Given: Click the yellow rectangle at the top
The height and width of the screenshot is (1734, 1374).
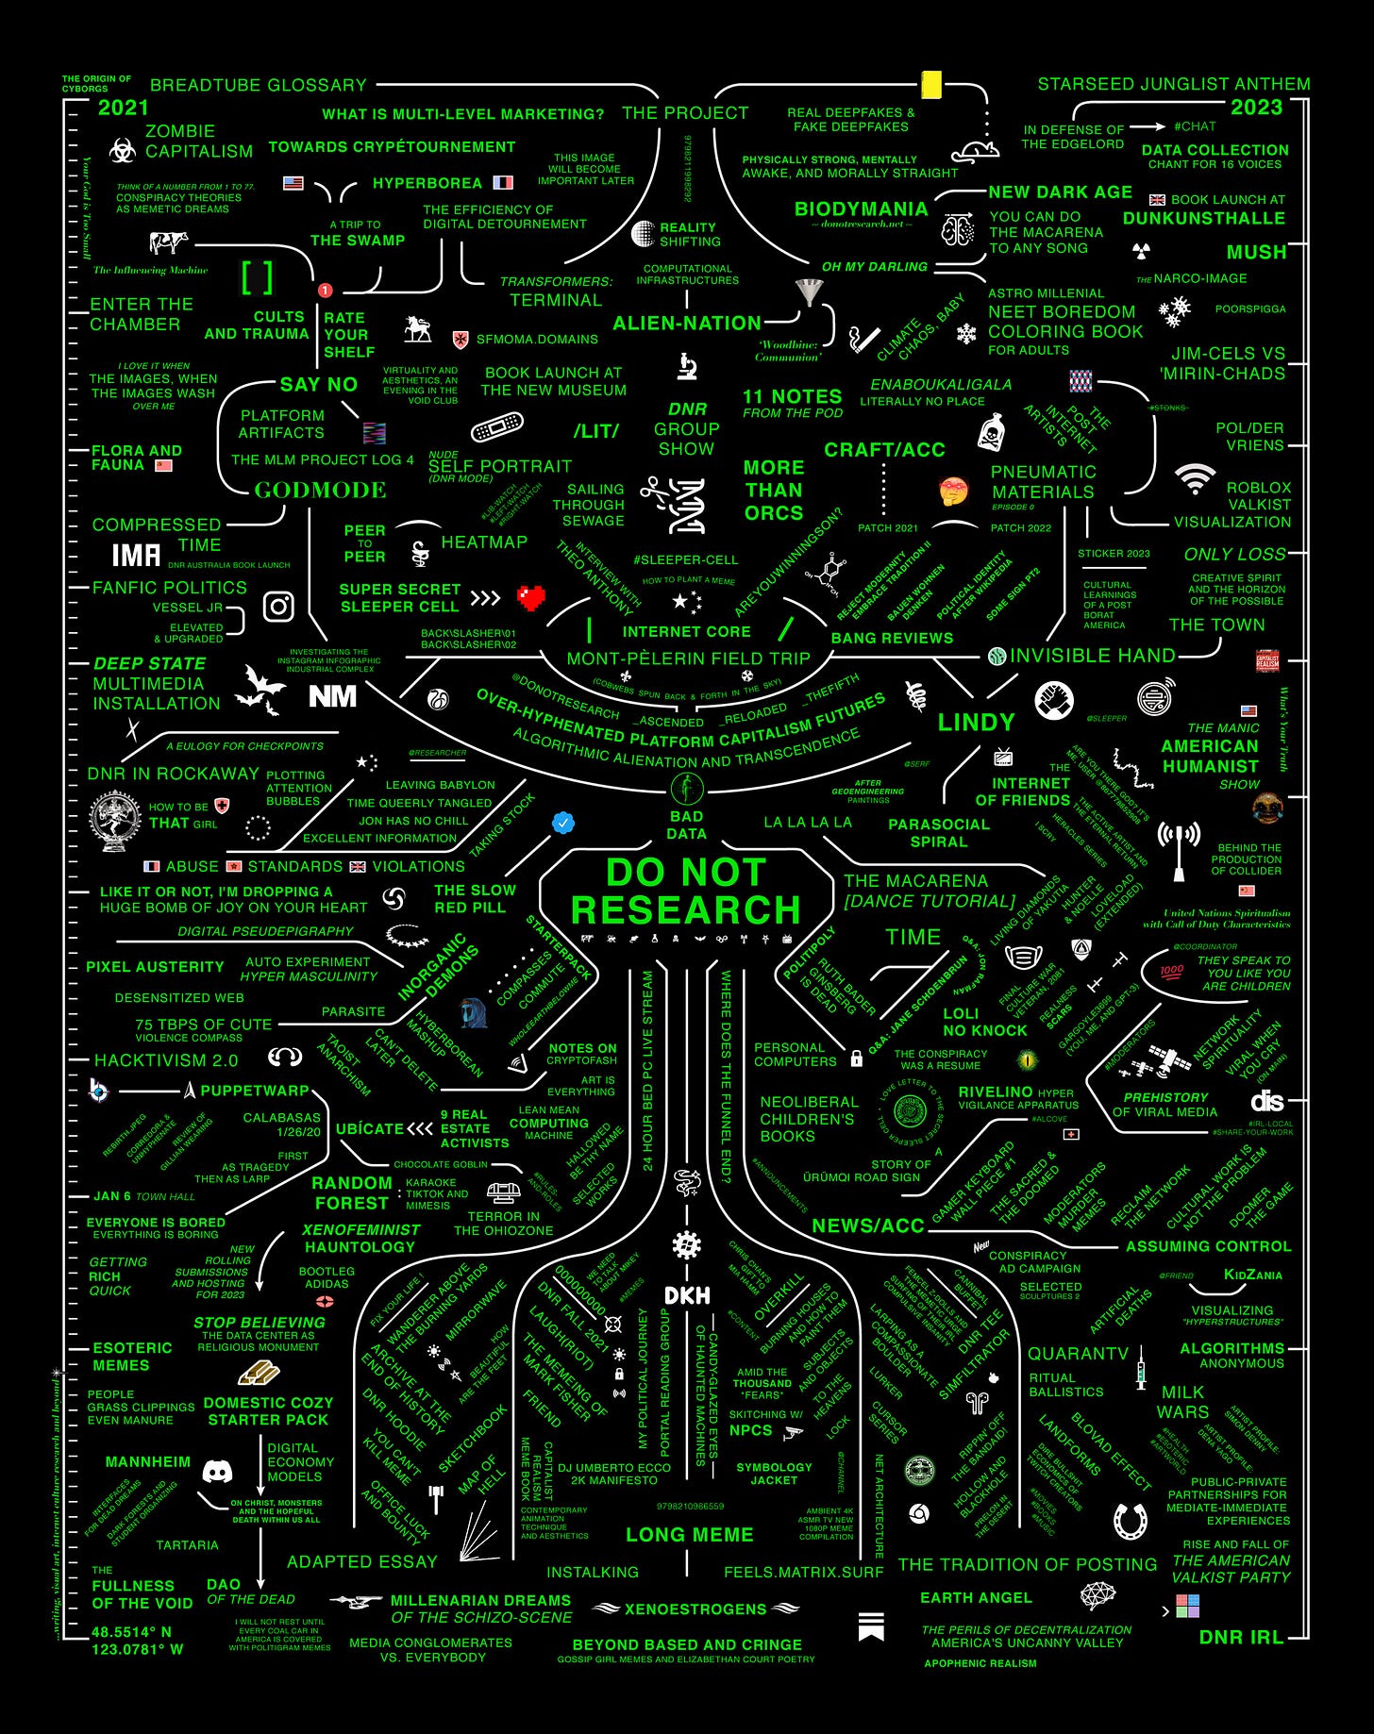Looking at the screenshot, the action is coord(931,85).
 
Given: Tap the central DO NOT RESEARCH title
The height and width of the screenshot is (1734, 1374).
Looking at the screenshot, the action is coord(686,892).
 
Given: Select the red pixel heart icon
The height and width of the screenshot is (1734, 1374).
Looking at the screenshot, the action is coord(531,598).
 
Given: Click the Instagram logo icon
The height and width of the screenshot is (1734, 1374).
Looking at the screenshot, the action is coord(278,607).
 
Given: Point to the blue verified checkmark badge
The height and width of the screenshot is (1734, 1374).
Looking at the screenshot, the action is coord(563,823).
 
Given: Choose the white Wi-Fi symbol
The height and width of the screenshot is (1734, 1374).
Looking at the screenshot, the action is coord(1195,478).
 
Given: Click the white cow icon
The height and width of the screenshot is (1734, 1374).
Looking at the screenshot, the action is coord(169,243).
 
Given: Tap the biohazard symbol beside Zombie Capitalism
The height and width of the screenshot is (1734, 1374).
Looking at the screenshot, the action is coord(122,150).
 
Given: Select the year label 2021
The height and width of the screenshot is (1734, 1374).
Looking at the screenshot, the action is coord(124,108).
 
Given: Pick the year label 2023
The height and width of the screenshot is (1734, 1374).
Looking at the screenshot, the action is coord(1256,108).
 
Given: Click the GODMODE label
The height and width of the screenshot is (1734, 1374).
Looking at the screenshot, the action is coord(320,490).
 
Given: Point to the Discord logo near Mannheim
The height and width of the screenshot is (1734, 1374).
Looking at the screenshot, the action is coord(218,1471).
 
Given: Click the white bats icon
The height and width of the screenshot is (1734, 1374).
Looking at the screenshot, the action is coord(260,688).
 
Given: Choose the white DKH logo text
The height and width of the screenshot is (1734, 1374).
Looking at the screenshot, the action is coord(687,1295).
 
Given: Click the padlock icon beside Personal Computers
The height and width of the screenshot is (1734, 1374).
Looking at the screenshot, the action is coord(857,1058).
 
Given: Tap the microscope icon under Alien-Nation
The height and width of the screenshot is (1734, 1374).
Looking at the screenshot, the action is coord(687,365).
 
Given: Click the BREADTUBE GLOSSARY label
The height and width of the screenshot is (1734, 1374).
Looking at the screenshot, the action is coord(259,85).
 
